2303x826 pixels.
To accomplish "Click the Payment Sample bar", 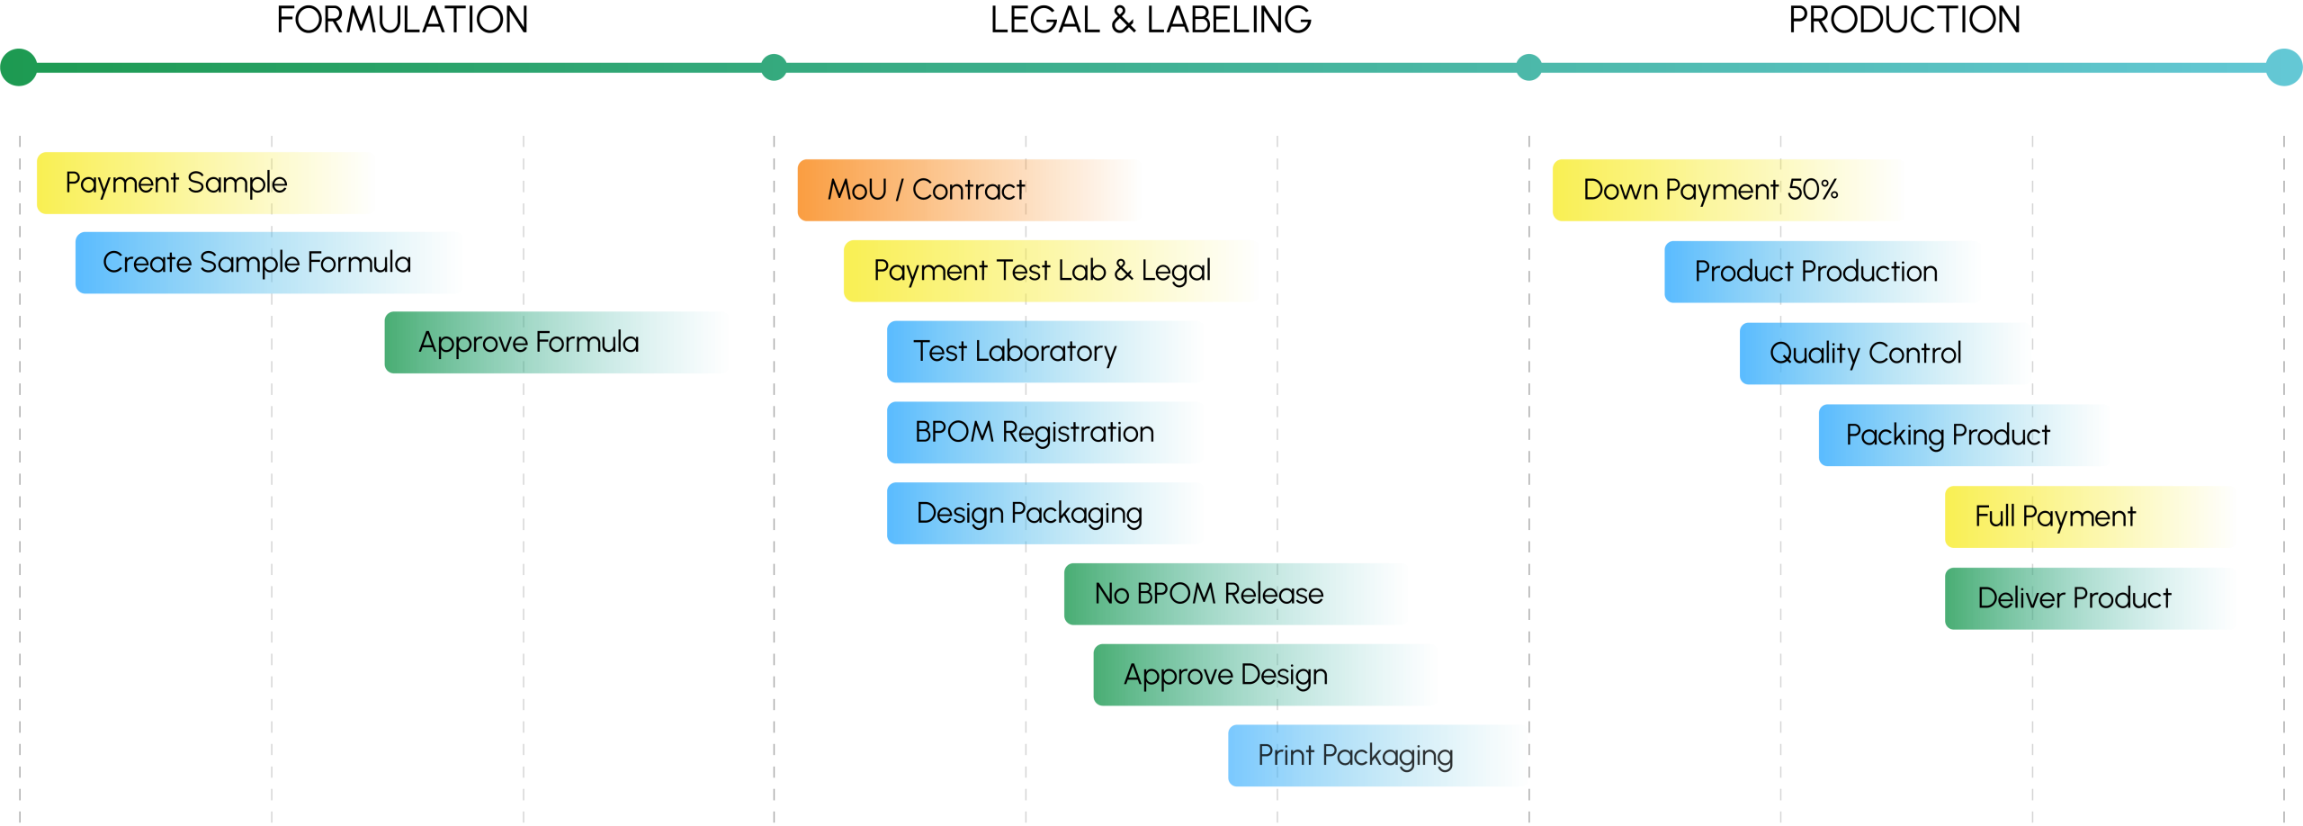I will coord(205,184).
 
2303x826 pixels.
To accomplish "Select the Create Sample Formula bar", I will coord(268,263).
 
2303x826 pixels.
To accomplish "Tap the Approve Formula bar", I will coord(556,343).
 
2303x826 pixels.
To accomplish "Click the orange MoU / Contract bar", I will coord(969,190).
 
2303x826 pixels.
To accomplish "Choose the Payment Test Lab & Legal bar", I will coord(1050,271).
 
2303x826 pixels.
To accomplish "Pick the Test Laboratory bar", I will coord(1044,352).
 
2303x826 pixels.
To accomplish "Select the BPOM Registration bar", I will coord(1044,433).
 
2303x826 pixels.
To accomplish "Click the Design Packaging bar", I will coord(1044,514).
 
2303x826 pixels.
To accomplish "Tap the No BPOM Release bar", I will coord(1235,594).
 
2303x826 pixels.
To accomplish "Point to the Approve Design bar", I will coord(1264,675).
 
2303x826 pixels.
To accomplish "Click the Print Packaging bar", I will coord(1377,756).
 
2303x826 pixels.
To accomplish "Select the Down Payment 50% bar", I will coord(1727,190).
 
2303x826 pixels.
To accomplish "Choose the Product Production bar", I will coord(1822,272).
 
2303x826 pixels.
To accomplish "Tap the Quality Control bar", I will coord(1885,354).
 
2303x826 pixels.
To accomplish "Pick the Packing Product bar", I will coord(1963,435).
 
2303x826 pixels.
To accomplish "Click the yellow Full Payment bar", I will coord(2090,516).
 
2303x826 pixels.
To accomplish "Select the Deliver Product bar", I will coord(2090,598).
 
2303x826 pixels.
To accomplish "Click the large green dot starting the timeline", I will coord(19,67).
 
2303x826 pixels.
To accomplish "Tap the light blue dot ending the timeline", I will coord(2283,67).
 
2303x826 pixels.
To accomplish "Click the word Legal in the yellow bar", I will coord(1176,271).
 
